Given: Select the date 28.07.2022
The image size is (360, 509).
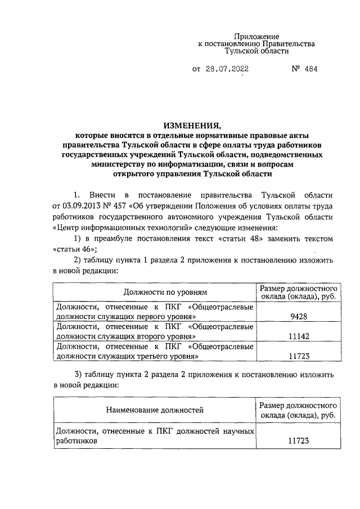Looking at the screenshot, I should [x=227, y=70].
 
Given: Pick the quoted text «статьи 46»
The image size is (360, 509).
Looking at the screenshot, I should [x=71, y=249].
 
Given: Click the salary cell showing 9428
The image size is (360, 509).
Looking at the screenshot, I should [x=299, y=317].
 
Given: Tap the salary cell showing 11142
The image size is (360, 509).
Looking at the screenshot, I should [x=299, y=336].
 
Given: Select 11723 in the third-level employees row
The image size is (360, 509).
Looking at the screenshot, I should [x=299, y=356].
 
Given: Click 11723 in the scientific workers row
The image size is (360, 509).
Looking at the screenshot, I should [x=299, y=442].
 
